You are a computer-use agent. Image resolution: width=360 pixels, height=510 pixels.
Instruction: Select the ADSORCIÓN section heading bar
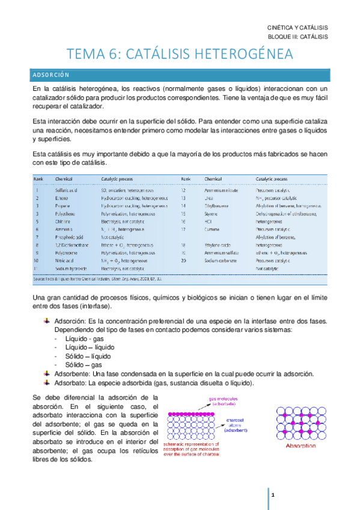click(x=180, y=75)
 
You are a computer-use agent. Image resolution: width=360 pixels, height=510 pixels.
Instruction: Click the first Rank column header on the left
click(x=38, y=179)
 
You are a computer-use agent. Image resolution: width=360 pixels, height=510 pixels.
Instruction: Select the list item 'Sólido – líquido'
click(x=87, y=356)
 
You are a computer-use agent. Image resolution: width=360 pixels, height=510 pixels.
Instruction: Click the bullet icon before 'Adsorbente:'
click(x=47, y=373)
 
